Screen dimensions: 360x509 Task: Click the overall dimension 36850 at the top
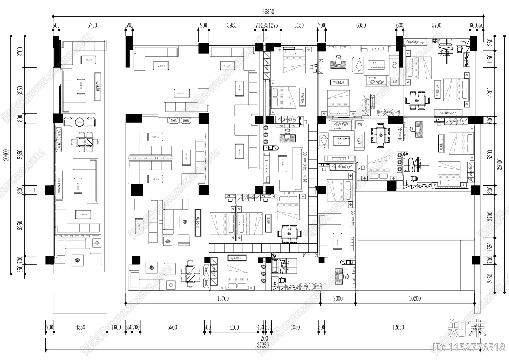point(268,12)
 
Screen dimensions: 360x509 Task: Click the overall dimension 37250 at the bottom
point(263,345)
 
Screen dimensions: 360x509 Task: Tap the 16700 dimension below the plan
point(223,299)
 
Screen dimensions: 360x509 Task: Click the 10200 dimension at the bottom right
point(415,299)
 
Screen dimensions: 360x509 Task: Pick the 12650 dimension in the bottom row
point(398,327)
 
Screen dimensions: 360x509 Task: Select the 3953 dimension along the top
point(232,25)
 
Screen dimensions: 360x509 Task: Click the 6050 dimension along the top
point(361,25)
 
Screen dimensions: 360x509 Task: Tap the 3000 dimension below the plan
point(338,299)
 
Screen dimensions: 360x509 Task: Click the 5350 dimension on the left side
point(21,154)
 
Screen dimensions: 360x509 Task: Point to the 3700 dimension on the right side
point(490,216)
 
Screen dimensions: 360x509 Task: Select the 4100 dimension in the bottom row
point(234,327)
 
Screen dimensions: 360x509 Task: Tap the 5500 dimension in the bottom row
point(172,327)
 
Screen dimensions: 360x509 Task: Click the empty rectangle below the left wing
point(80,303)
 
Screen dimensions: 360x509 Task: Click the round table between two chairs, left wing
point(79,122)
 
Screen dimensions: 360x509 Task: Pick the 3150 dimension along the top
point(299,25)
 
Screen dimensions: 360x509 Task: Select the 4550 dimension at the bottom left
point(80,327)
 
